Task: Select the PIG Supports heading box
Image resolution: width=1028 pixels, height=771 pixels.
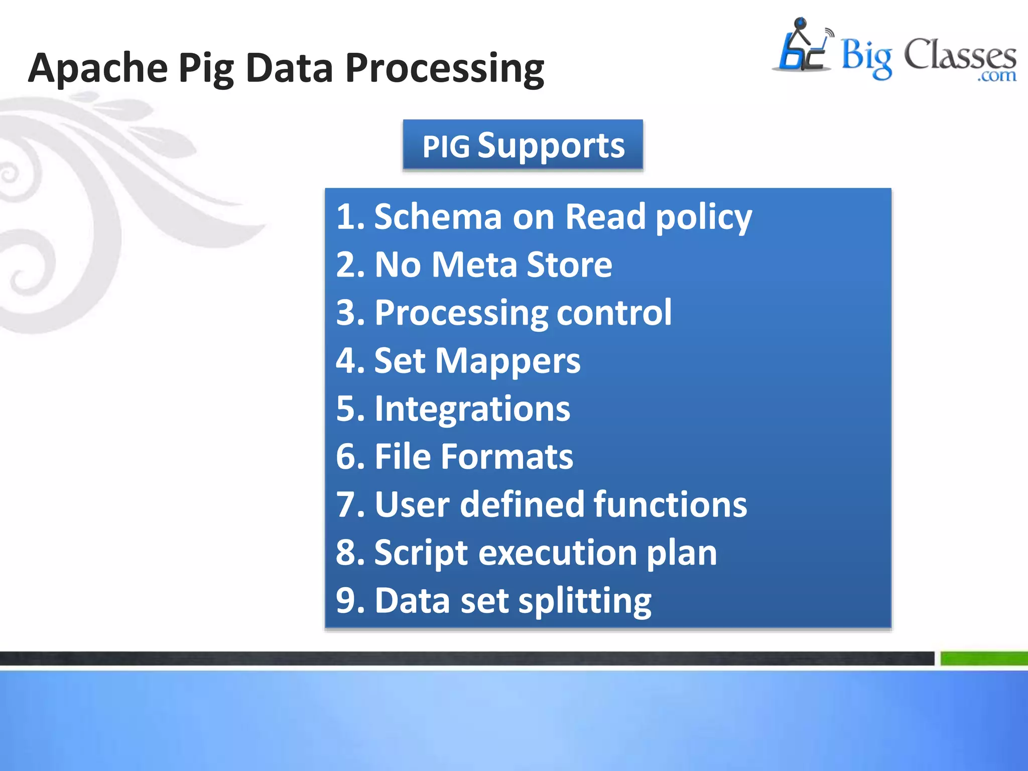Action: pyautogui.click(x=523, y=146)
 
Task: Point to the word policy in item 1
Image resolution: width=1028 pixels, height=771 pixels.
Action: pyautogui.click(x=703, y=218)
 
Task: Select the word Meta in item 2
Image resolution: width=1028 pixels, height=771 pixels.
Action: pyautogui.click(x=474, y=265)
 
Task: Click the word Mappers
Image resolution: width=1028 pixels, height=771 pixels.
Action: pyautogui.click(x=507, y=361)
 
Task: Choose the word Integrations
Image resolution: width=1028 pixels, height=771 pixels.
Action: pyautogui.click(x=472, y=409)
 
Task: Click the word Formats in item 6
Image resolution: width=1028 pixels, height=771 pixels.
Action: pyautogui.click(x=507, y=456)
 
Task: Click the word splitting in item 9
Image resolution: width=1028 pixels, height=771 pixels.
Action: pyautogui.click(x=584, y=601)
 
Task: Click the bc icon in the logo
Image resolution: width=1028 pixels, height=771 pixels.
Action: pyautogui.click(x=802, y=48)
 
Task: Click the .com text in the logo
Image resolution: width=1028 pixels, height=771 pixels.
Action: pyautogui.click(x=996, y=76)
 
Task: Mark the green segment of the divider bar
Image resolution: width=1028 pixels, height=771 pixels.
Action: pyautogui.click(x=983, y=658)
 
